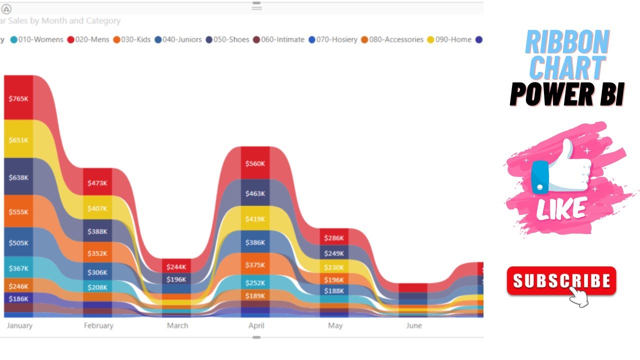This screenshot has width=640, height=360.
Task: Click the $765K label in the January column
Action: pos(18,99)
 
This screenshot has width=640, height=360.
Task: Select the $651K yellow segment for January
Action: pos(18,140)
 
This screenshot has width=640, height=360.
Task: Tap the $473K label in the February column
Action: pos(97,183)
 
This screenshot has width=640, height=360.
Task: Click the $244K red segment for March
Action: pos(176,267)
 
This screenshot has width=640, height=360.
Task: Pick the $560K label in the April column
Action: pos(255,164)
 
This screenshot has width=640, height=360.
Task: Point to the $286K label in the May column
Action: pos(334,238)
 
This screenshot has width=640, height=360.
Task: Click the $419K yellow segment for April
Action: pos(255,219)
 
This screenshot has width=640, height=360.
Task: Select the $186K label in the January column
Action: pos(18,298)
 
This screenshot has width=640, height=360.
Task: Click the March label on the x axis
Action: pos(177,325)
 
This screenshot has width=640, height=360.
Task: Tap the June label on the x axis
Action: pos(414,325)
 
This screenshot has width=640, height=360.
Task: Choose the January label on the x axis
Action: pos(19,325)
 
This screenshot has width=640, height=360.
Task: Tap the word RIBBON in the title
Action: pos(567,43)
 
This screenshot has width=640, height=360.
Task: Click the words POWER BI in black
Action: pos(567,94)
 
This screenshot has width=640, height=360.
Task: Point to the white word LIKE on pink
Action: pos(561,208)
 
